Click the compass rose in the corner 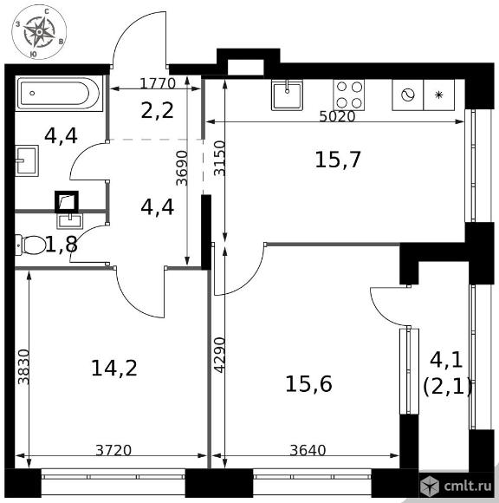pyautogui.click(x=39, y=32)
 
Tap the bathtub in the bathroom pyautogui.click(x=59, y=94)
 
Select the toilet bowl pyautogui.click(x=30, y=245)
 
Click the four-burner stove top pyautogui.click(x=348, y=95)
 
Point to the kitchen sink pyautogui.click(x=287, y=95)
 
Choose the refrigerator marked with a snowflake pyautogui.click(x=439, y=95)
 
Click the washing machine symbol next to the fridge pyautogui.click(x=408, y=95)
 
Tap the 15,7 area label pyautogui.click(x=338, y=160)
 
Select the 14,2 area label pyautogui.click(x=114, y=368)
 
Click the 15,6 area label pyautogui.click(x=308, y=384)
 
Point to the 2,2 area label pyautogui.click(x=158, y=110)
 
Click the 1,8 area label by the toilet pyautogui.click(x=62, y=245)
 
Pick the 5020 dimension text pyautogui.click(x=338, y=117)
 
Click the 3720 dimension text pyautogui.click(x=113, y=450)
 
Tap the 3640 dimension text pyautogui.click(x=308, y=450)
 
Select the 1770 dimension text pyautogui.click(x=158, y=83)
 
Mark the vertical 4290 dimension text pyautogui.click(x=219, y=355)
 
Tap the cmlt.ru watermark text pyautogui.click(x=468, y=486)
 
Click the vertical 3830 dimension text pyautogui.click(x=23, y=367)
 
